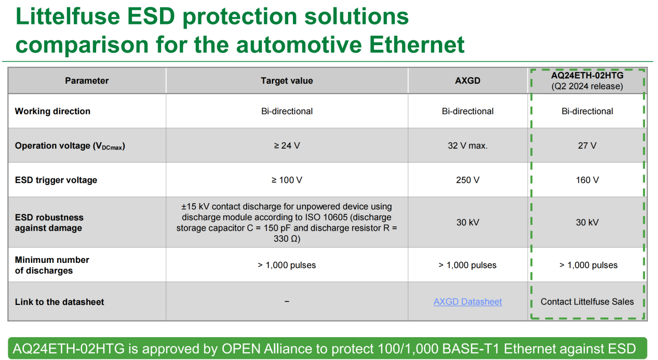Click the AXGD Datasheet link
pos(467,301)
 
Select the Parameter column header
pos(87,81)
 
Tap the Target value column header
pos(287,81)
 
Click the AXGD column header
pos(467,81)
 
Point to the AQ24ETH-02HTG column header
pos(587,81)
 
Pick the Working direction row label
pos(52,111)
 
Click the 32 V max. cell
pos(467,145)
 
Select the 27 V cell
pos(587,145)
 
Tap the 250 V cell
pos(467,180)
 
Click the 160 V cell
pos(587,180)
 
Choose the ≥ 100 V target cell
pos(287,180)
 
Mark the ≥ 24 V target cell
pos(287,145)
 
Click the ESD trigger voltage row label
pos(56,180)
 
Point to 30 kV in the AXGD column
pos(467,222)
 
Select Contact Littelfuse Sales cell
pos(587,301)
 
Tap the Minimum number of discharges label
pos(52,265)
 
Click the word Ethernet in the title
pos(417,45)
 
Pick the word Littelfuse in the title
pos(68,16)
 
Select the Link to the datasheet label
pos(59,302)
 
